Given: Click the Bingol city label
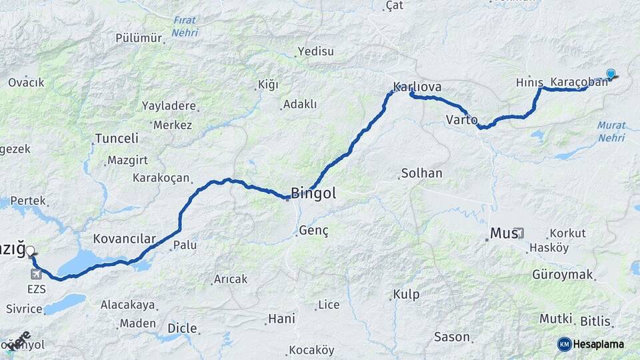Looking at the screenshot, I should click(x=313, y=194).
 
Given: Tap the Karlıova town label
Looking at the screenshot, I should click(x=417, y=87).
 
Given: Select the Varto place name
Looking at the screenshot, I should click(x=461, y=120).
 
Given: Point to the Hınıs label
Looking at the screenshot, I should click(x=530, y=81).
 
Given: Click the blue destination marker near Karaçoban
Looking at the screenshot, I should click(x=611, y=73).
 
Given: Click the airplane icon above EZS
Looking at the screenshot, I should click(x=36, y=274).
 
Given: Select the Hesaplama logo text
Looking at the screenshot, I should click(x=599, y=344).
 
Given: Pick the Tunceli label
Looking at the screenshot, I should click(x=117, y=139).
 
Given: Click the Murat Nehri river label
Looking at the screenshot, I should click(x=611, y=131).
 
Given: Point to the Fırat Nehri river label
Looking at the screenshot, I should click(x=185, y=27).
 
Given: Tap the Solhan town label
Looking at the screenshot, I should click(x=421, y=173).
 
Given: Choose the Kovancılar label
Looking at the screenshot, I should click(x=124, y=239).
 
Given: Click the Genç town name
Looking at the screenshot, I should click(x=314, y=230).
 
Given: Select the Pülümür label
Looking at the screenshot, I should click(x=139, y=38).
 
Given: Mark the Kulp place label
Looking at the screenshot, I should click(x=406, y=294).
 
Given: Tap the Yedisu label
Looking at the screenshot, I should click(x=315, y=51).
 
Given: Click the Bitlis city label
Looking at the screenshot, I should click(x=595, y=321).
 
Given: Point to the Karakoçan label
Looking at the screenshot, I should click(x=161, y=178).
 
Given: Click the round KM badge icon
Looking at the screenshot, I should click(x=564, y=344).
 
